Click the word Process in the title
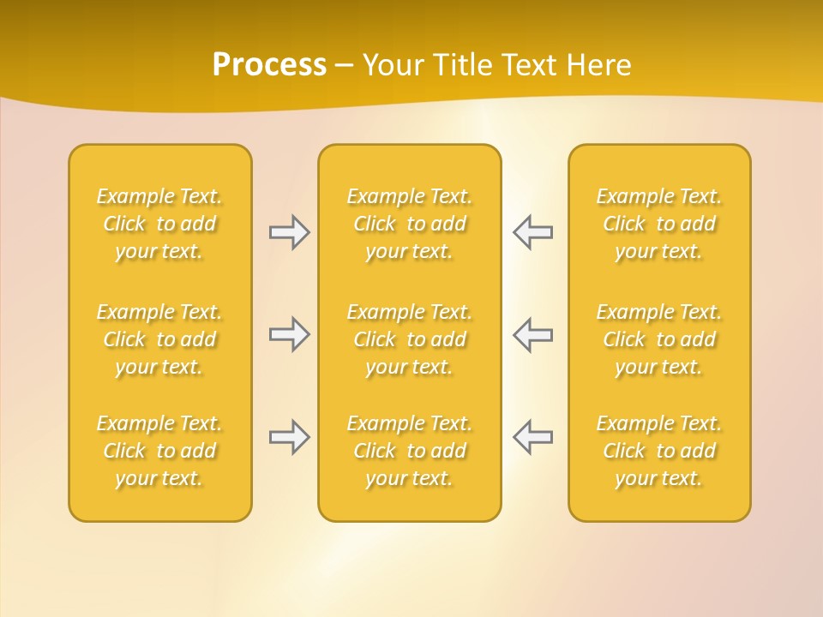click(269, 65)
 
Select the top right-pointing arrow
click(289, 232)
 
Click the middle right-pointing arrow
click(289, 334)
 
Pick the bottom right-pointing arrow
click(289, 437)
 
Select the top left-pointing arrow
click(533, 232)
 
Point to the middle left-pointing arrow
click(533, 334)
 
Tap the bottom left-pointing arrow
click(533, 437)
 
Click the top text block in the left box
click(159, 224)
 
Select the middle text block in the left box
click(159, 339)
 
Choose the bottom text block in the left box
click(159, 451)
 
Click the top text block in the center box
click(410, 224)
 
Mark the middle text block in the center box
click(410, 339)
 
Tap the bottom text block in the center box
click(410, 451)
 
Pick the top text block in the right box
click(659, 224)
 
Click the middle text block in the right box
click(659, 339)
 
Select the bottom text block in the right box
click(659, 451)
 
